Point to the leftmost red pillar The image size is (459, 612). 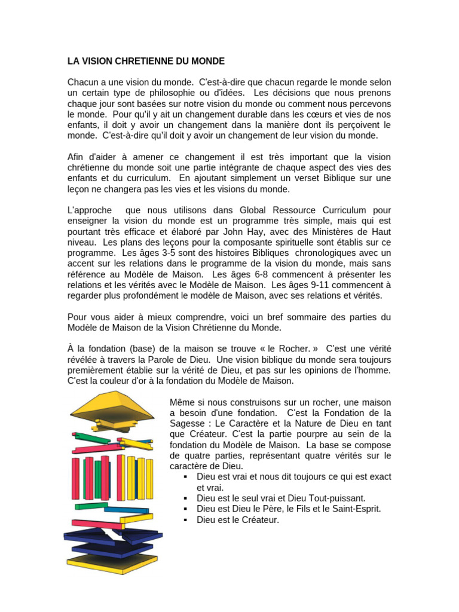pyautogui.click(x=76, y=478)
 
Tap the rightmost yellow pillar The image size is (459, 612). pyautogui.click(x=149, y=478)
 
